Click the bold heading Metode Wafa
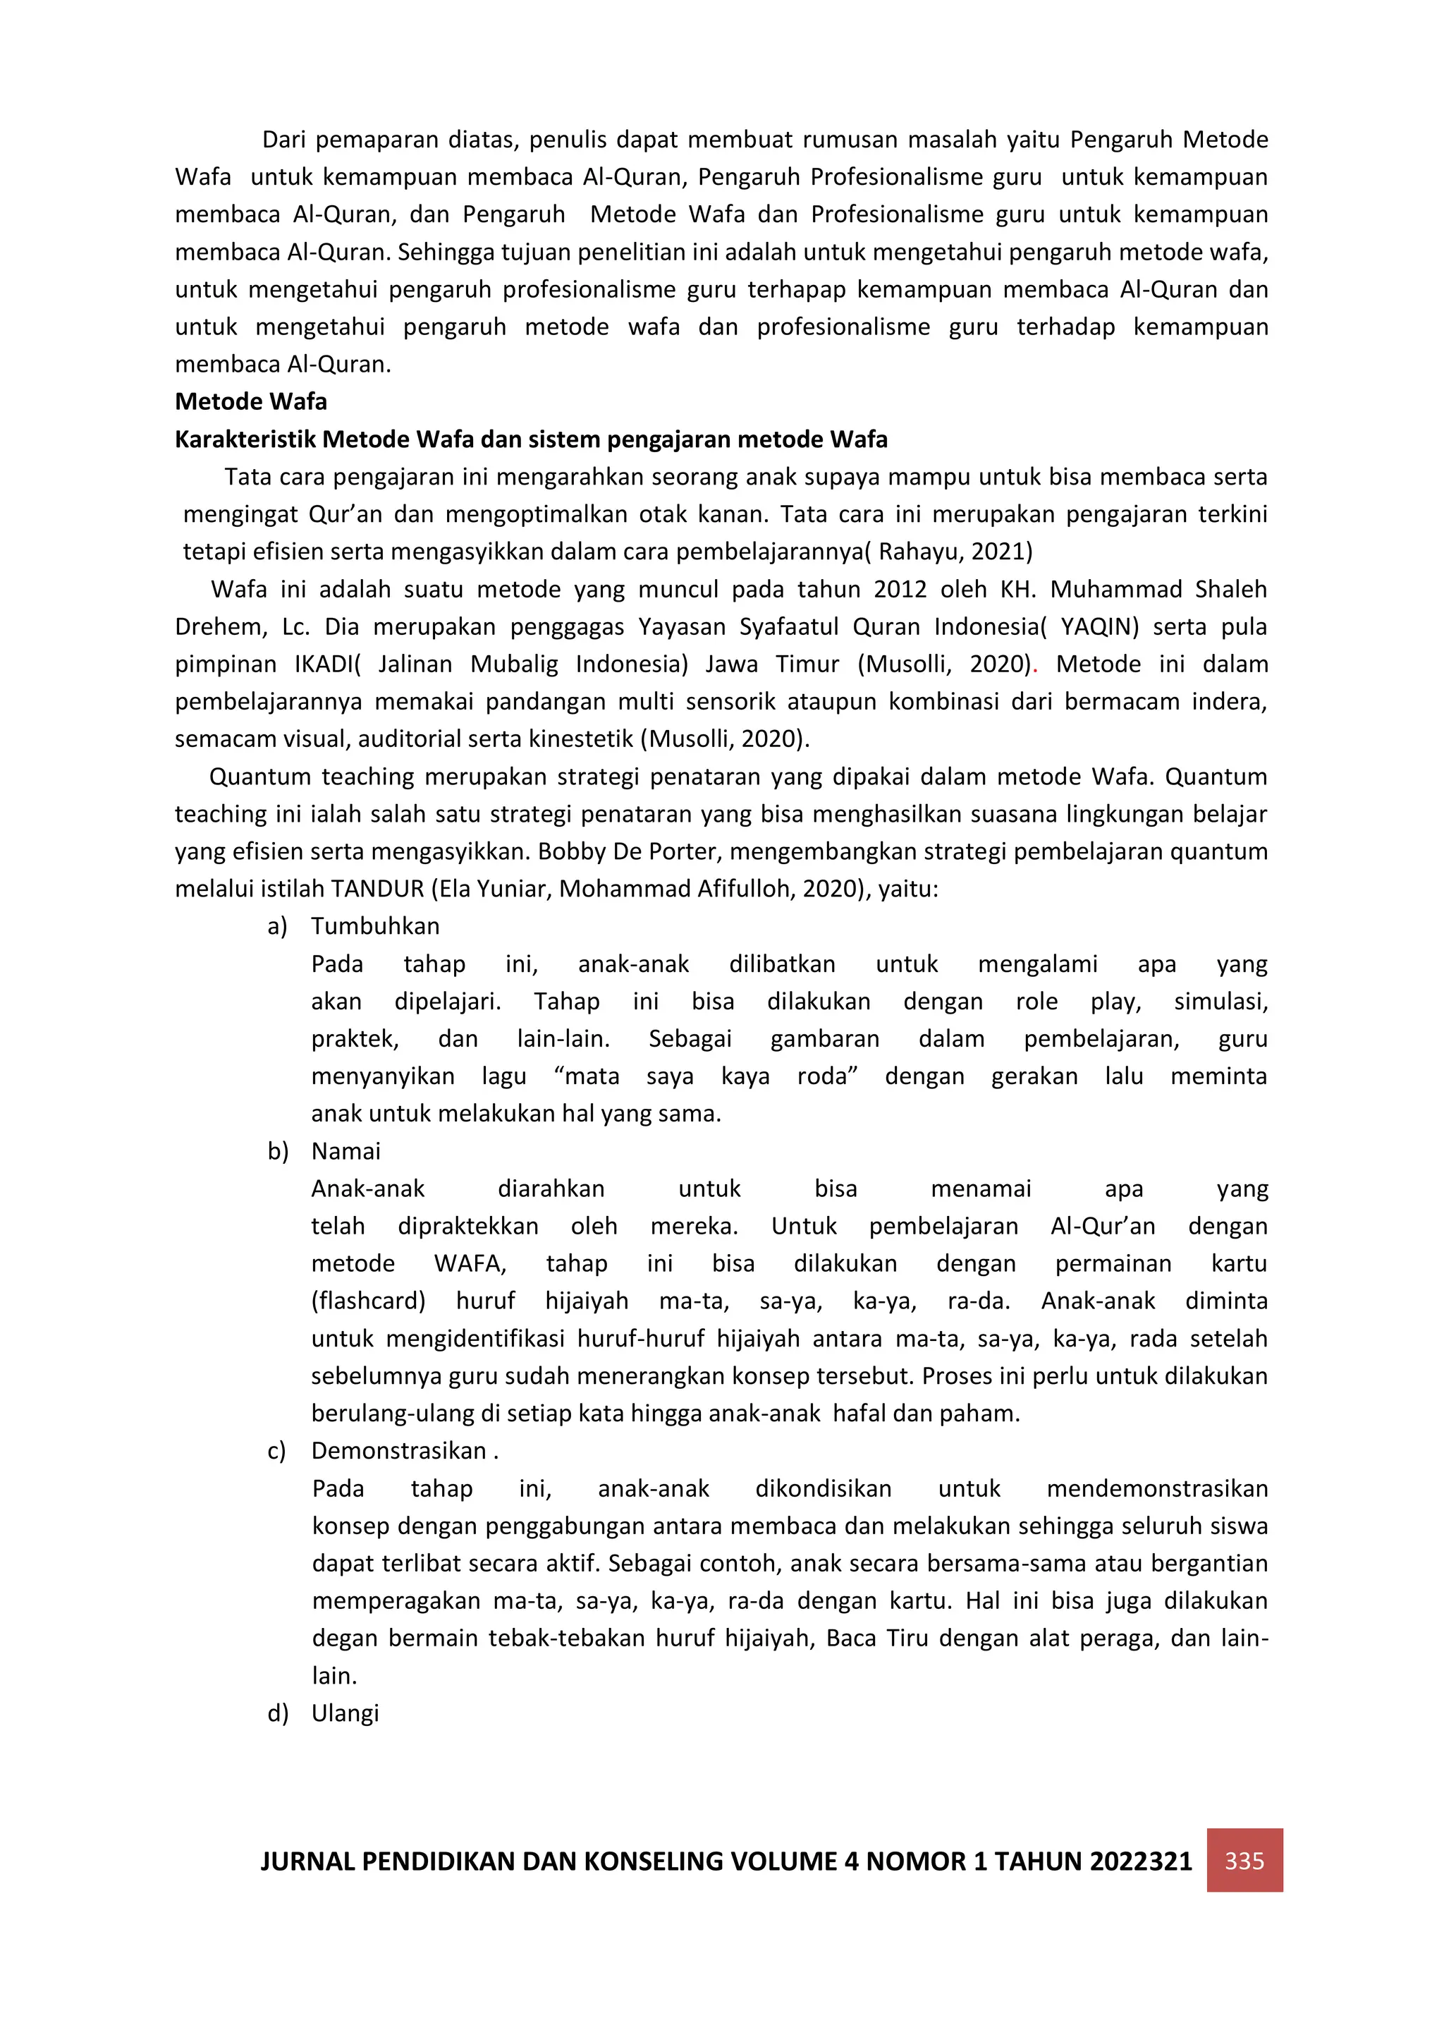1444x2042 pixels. click(x=251, y=402)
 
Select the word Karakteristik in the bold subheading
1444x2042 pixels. click(x=245, y=439)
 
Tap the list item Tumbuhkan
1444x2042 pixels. click(x=374, y=927)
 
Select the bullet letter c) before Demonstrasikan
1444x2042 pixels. click(x=276, y=1452)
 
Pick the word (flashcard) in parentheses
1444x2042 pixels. click(x=368, y=1301)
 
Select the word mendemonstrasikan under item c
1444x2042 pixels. click(x=1157, y=1489)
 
